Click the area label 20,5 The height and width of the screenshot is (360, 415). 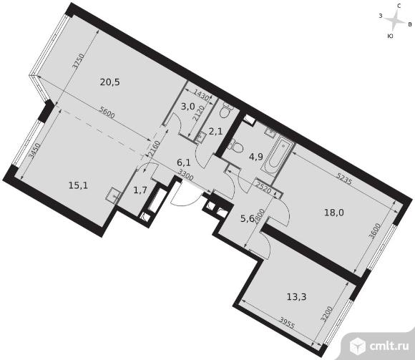[x=110, y=82]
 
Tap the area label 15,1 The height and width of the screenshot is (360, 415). [x=78, y=185]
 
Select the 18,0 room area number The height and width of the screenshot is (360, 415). [x=334, y=213]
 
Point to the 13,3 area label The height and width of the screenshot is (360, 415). [x=296, y=297]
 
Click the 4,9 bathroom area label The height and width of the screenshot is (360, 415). [x=256, y=157]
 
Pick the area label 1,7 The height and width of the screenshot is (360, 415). [x=140, y=190]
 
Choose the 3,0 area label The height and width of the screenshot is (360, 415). [x=188, y=107]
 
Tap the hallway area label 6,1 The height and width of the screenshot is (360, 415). [x=184, y=162]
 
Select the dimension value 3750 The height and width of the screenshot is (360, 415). [x=79, y=62]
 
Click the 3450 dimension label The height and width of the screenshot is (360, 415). [x=34, y=151]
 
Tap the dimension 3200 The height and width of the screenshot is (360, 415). [x=326, y=314]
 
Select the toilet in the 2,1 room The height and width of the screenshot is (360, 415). [x=226, y=111]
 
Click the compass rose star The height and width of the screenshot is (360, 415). [x=395, y=20]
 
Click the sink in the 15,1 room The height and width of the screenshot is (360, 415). [x=114, y=195]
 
